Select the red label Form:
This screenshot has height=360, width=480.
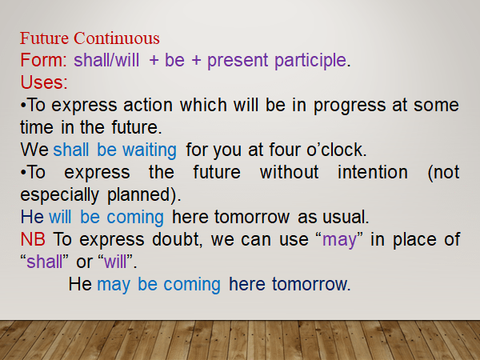tap(45, 60)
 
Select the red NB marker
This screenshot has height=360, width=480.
tap(34, 238)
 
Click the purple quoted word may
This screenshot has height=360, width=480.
tap(338, 238)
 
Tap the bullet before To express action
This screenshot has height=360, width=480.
tap(23, 105)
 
